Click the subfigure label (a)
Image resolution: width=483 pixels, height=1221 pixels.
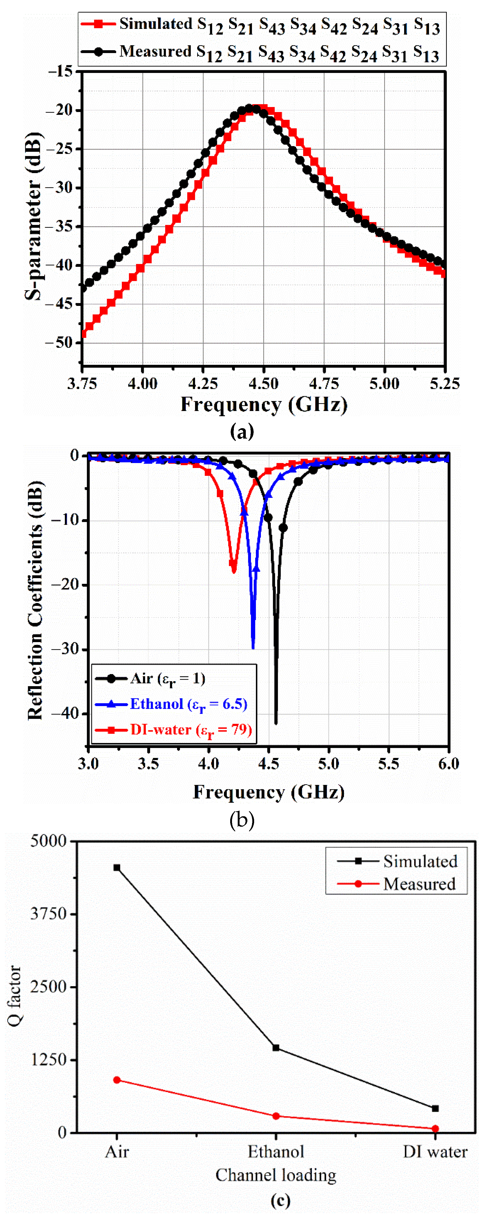point(242,431)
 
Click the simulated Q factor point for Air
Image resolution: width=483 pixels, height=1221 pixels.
point(117,868)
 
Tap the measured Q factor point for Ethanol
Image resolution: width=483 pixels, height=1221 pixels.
point(276,1116)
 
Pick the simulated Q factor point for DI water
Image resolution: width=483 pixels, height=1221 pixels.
point(435,1108)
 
